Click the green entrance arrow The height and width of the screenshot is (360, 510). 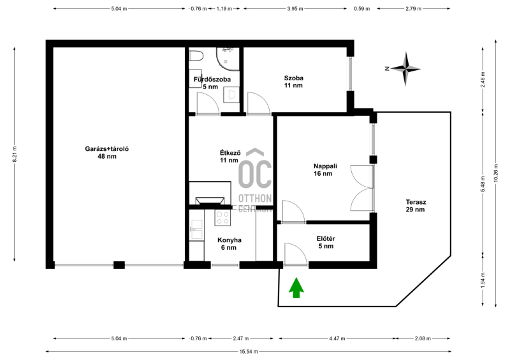tap(296, 288)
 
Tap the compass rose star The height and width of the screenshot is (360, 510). tap(405, 69)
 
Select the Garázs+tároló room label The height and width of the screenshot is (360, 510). tap(106, 152)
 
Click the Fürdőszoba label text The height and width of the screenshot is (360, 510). tap(212, 80)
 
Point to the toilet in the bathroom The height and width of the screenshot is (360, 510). tap(196, 56)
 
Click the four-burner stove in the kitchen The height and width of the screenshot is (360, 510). tap(222, 217)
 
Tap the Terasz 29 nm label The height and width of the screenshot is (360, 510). tap(416, 206)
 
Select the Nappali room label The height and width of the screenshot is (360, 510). tap(325, 169)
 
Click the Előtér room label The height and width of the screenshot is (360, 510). tap(326, 242)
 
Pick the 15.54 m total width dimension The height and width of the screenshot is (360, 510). tap(249, 352)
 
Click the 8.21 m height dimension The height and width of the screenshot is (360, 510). tap(15, 154)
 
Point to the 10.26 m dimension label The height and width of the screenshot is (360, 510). tap(496, 173)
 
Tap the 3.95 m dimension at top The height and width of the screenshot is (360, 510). tap(295, 9)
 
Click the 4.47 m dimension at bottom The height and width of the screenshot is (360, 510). tap(337, 338)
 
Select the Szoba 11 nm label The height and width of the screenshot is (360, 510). tap(293, 82)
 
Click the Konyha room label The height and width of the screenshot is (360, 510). tap(229, 244)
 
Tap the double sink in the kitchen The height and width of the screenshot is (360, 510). tap(197, 229)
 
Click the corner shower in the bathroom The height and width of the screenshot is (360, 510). tap(228, 59)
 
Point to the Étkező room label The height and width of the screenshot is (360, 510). tap(230, 156)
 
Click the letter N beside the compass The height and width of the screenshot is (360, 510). tap(387, 69)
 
